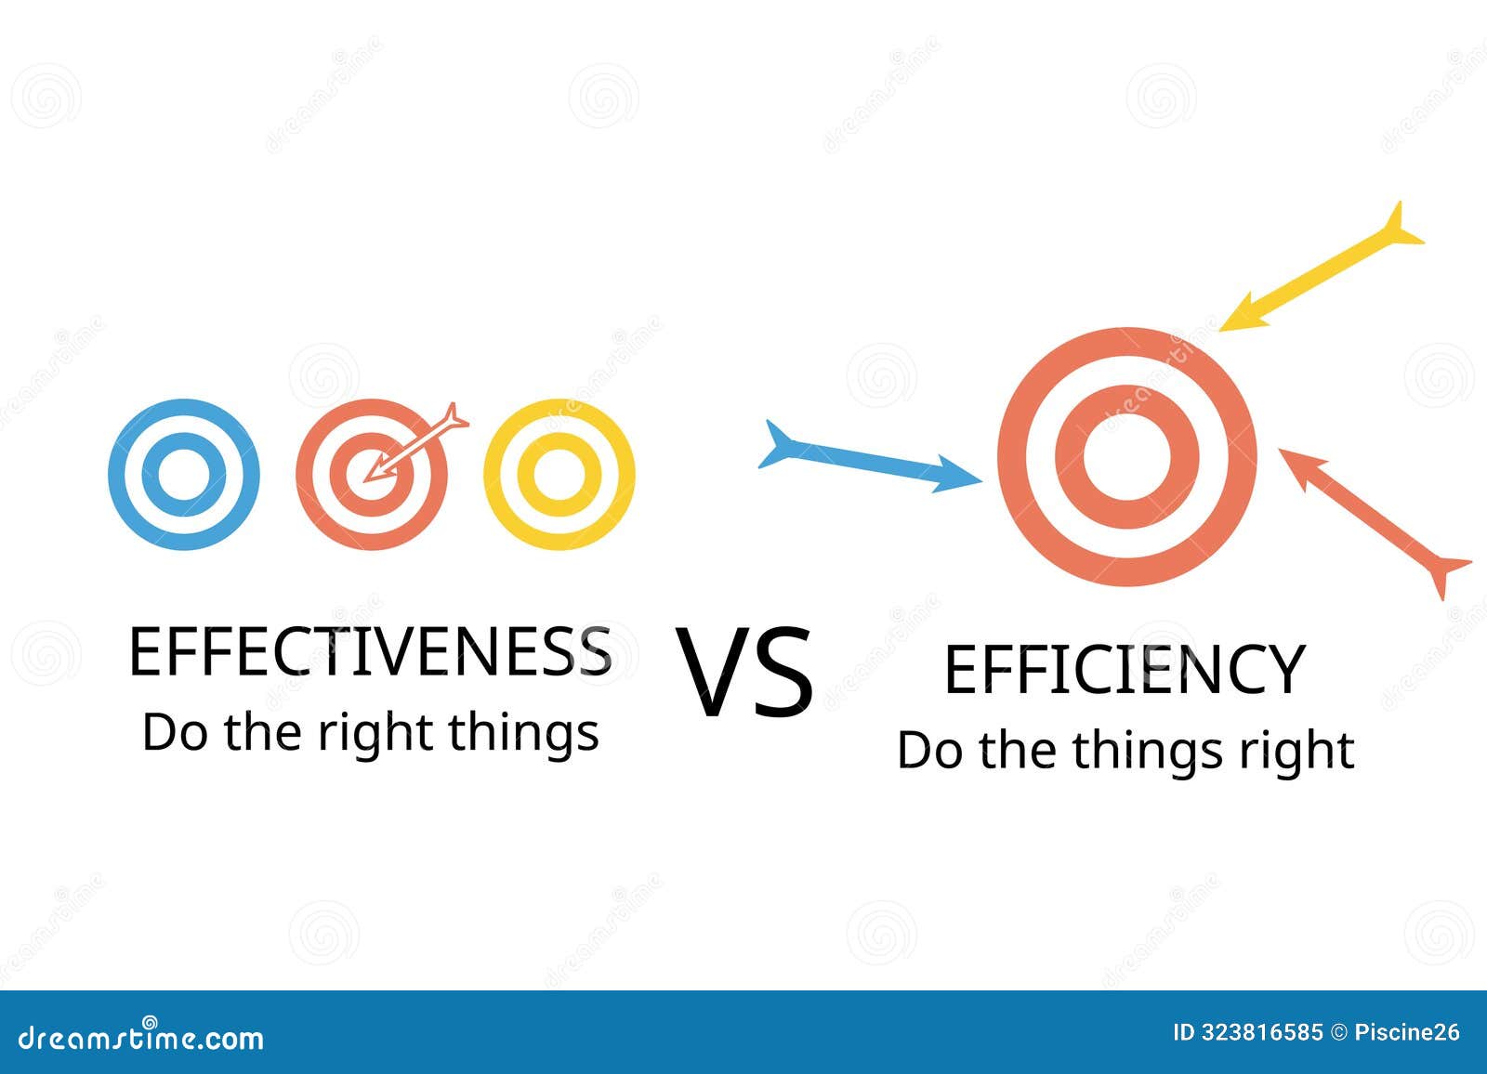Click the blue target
click(x=184, y=474)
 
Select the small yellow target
click(x=559, y=474)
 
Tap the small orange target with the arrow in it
click(x=372, y=474)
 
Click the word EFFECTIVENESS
click(x=370, y=651)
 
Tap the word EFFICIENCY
click(x=1125, y=670)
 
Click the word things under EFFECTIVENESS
click(x=524, y=734)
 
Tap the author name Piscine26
click(x=1407, y=1032)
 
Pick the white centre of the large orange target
click(x=1126, y=456)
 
